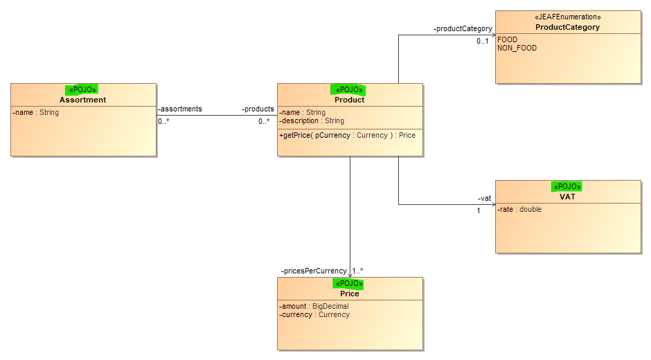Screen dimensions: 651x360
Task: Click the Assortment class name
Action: coord(82,100)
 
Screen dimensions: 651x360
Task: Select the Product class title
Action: coord(350,100)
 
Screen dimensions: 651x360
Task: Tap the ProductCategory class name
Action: coord(568,27)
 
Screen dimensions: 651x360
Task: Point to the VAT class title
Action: coord(568,197)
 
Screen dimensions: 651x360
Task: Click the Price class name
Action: coord(350,294)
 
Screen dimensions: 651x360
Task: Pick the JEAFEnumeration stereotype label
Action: coord(568,17)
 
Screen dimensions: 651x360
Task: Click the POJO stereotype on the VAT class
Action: coord(567,186)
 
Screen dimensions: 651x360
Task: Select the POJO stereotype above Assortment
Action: coord(82,90)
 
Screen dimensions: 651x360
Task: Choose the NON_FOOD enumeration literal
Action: coord(517,48)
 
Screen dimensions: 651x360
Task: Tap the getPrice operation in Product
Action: coord(347,136)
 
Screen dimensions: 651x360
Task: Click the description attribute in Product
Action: coord(312,121)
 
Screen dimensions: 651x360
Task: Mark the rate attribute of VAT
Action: coord(519,209)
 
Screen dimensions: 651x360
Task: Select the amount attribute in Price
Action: coord(314,306)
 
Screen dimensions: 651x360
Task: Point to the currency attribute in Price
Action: coord(314,315)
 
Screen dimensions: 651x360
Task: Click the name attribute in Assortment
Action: coord(36,113)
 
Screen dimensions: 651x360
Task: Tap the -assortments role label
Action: coord(180,109)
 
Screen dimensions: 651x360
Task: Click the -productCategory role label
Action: coord(463,28)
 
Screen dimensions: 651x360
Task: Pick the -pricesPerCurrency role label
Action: coord(314,271)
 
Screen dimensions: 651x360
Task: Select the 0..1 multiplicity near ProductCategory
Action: coord(483,41)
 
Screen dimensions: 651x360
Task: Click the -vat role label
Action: coord(485,199)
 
